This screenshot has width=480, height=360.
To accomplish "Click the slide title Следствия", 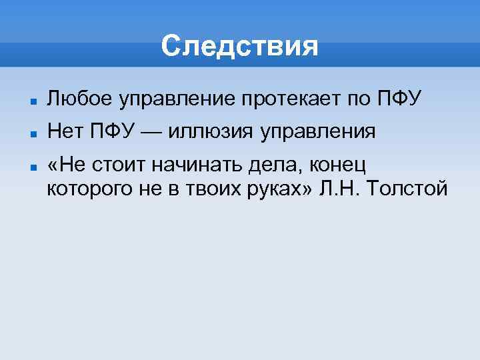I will [x=240, y=47].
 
